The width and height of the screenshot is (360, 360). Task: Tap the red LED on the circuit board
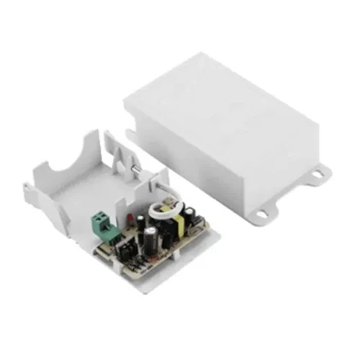click(x=128, y=217)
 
